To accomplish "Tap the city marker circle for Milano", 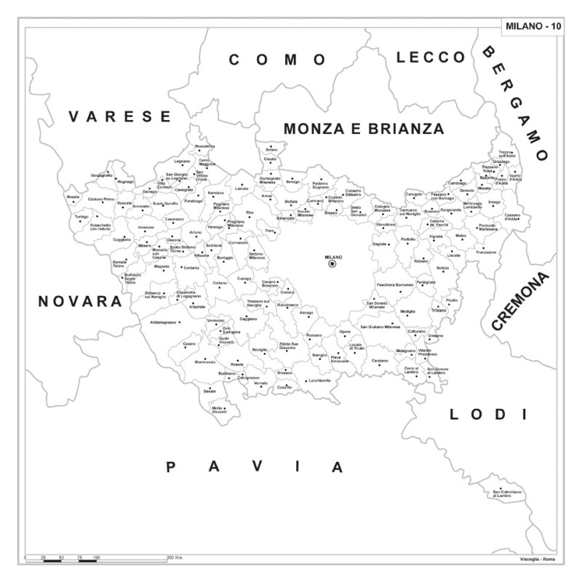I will pos(332,265).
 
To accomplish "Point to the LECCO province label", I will pos(431,57).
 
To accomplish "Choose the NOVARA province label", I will pos(80,300).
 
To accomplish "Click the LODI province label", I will pos(487,415).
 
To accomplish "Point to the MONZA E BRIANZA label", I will pos(364,129).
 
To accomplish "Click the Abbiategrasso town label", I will pos(164,321).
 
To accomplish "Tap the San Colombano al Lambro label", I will pos(508,494).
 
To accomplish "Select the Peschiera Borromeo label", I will pos(395,284).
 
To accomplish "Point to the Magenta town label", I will pos(162,266).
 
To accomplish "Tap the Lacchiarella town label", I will pos(319,380).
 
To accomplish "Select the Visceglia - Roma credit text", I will pos(536,558).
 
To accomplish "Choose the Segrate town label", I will pos(379,244).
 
